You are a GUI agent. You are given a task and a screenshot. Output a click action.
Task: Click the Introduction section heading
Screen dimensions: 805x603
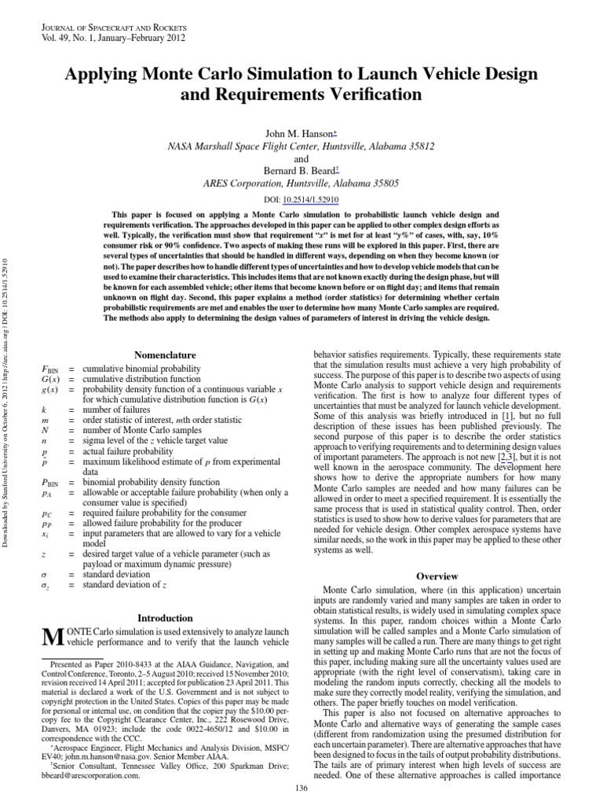165,618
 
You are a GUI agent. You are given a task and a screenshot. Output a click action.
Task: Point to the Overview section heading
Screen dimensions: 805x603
437,576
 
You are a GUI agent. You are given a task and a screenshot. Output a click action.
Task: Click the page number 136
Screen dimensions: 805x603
301,788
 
